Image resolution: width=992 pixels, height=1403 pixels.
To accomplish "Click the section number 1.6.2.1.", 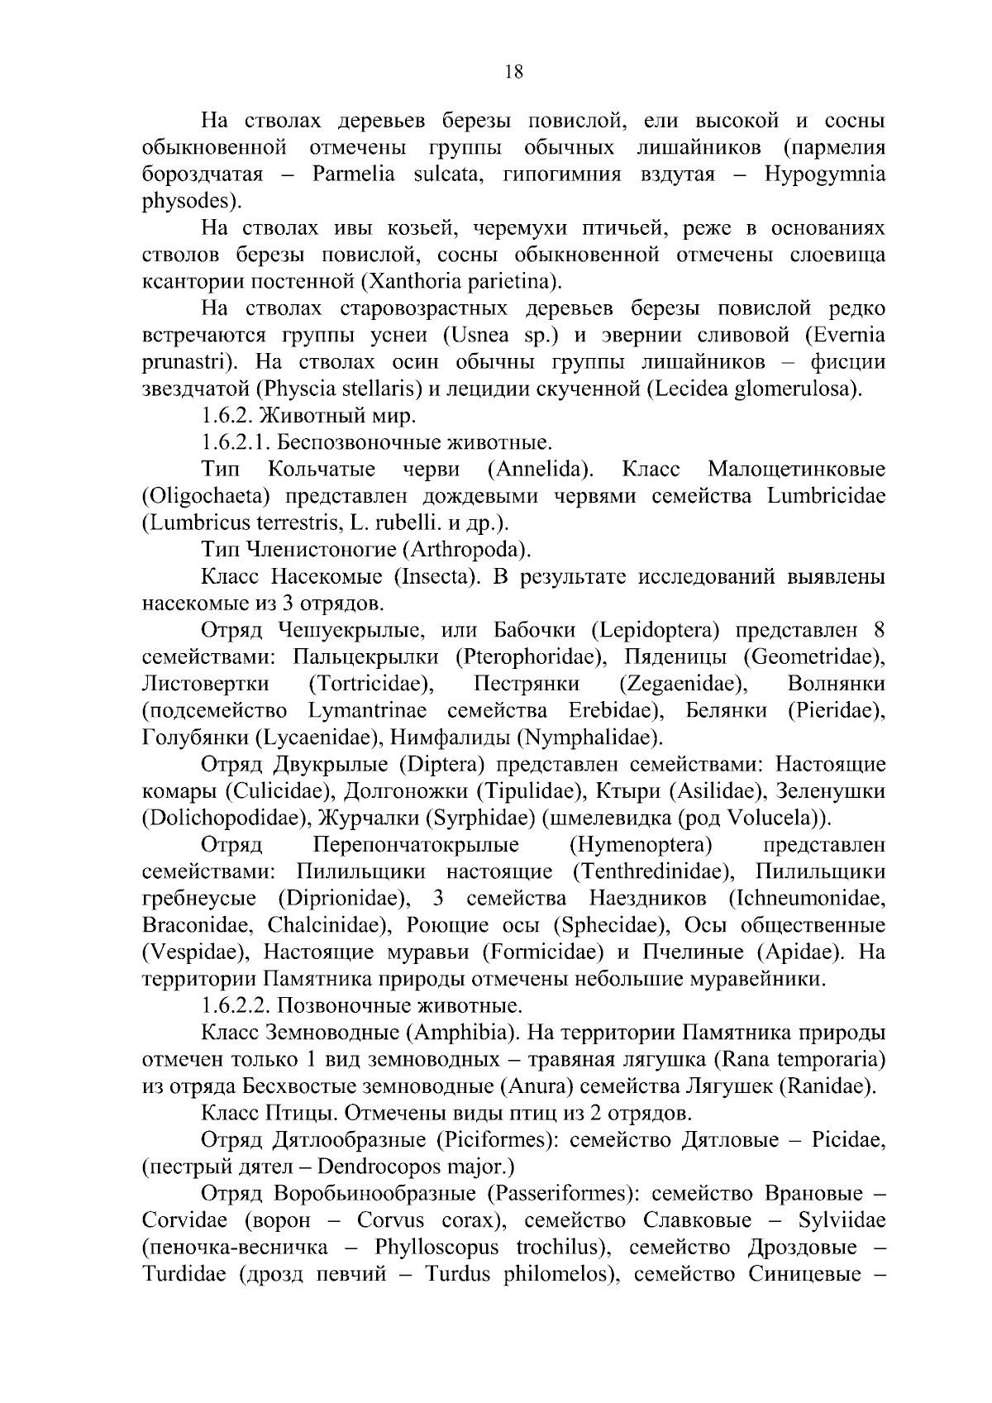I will click(x=236, y=442).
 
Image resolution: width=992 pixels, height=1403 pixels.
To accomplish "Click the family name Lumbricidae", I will click(x=826, y=496).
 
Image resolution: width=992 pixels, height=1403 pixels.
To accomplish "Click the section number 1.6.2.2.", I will click(x=236, y=1005).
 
